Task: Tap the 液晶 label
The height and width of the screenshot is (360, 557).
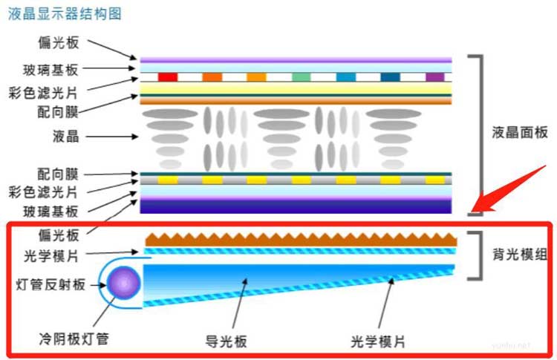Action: [68, 137]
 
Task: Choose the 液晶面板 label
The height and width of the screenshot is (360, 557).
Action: [520, 133]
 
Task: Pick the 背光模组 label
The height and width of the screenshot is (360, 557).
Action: [520, 255]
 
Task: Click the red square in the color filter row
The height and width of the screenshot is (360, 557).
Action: [168, 76]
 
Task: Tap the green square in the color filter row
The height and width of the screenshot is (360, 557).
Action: [301, 76]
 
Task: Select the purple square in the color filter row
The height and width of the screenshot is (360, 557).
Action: [434, 76]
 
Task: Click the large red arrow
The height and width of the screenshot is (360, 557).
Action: [505, 186]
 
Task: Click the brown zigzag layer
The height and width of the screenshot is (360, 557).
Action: [301, 238]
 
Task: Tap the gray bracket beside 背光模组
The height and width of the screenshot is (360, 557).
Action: [476, 256]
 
